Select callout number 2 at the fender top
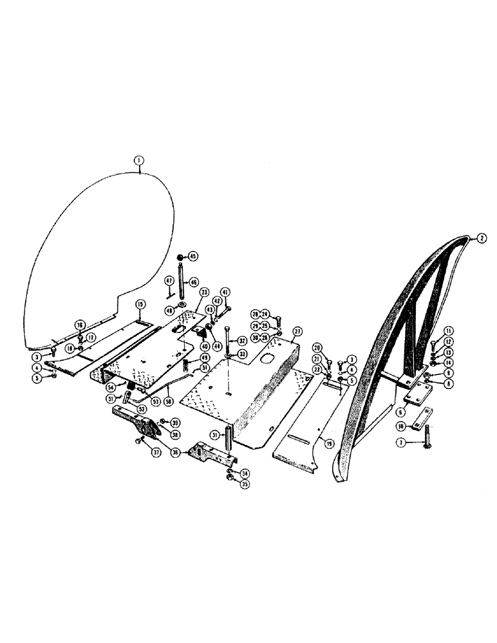click(480, 237)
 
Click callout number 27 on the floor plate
click(297, 331)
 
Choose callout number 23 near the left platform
click(203, 292)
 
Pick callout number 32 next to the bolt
click(242, 341)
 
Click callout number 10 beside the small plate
click(400, 426)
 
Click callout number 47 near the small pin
click(168, 281)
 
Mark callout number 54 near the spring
click(112, 387)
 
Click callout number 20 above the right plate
click(326, 348)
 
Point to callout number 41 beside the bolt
click(225, 291)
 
